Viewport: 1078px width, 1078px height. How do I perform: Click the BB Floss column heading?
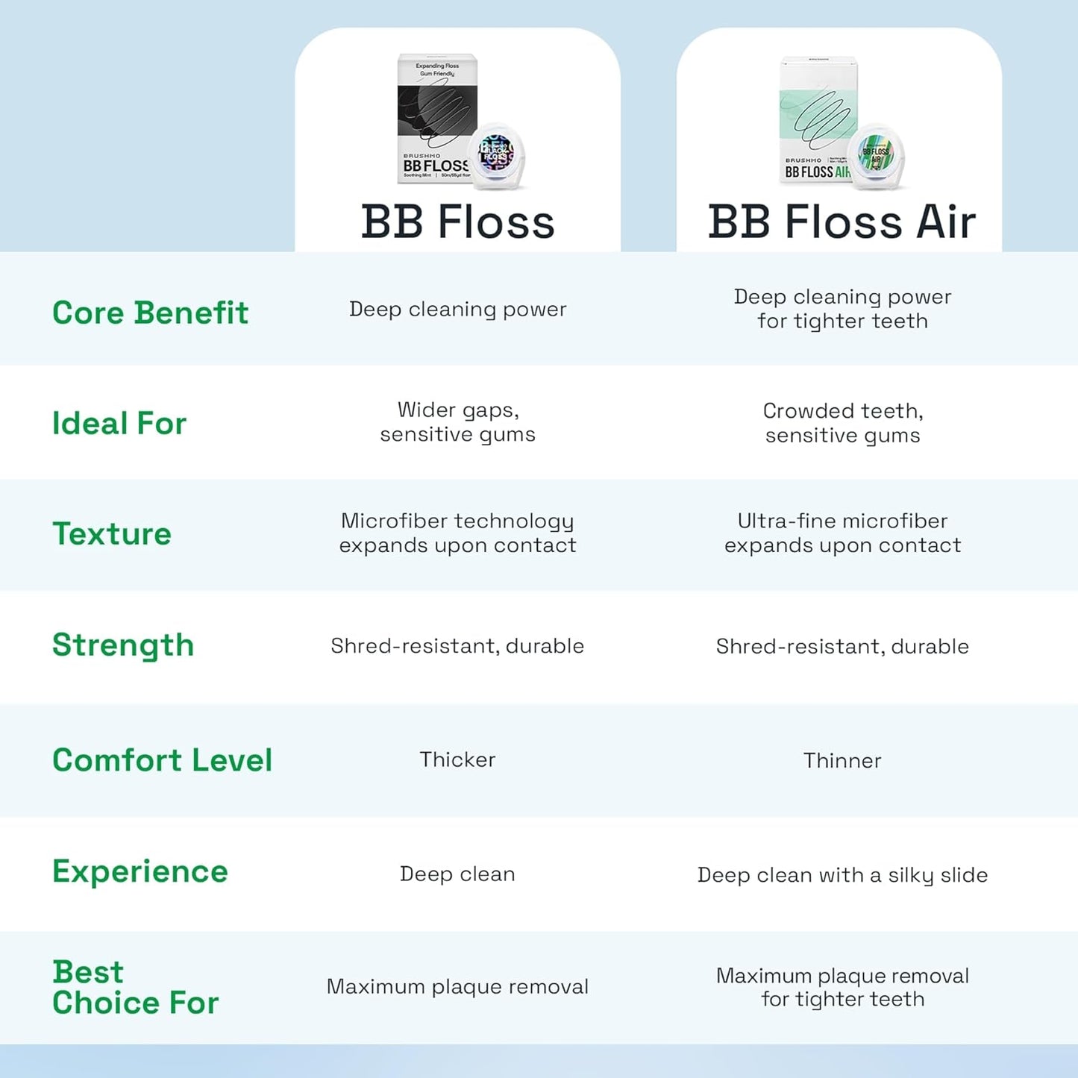pos(457,222)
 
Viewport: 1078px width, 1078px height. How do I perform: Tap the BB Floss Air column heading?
pos(842,222)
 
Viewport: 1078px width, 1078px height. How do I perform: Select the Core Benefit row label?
pos(150,313)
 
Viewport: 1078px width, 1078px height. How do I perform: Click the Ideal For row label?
pos(119,423)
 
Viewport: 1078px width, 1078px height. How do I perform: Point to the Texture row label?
pos(112,533)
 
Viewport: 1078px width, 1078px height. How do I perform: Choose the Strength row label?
pos(123,645)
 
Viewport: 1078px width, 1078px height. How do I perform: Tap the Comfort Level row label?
pos(162,760)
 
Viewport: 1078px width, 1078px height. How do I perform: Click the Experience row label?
pos(140,871)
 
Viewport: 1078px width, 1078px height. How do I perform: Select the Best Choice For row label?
pos(135,987)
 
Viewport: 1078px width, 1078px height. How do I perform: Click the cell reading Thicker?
pos(457,759)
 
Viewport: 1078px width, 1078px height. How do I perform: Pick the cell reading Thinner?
pos(842,760)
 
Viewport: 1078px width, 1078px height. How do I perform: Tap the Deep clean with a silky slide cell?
pos(842,874)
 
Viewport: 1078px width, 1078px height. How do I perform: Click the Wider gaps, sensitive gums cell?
pos(457,422)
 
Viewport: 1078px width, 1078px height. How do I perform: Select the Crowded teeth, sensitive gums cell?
pos(842,423)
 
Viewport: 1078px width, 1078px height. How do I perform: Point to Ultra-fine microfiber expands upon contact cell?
pos(842,533)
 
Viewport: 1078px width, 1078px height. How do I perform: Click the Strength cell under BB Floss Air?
pos(842,646)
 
